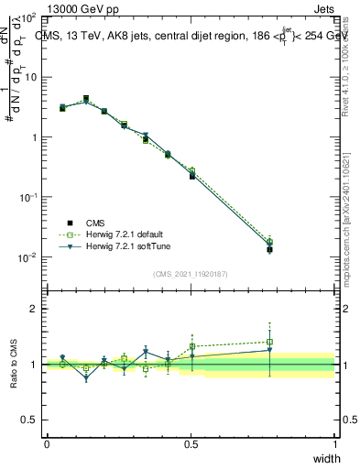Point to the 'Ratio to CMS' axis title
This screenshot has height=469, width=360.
[15, 364]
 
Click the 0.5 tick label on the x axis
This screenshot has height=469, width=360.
[191, 444]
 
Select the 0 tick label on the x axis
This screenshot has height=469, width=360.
[47, 444]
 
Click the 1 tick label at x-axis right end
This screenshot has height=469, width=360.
[334, 444]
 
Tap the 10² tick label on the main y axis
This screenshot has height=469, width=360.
[28, 17]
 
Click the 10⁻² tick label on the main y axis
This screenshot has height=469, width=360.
[28, 257]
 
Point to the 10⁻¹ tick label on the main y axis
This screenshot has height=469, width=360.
[28, 197]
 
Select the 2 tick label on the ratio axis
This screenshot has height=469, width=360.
[34, 309]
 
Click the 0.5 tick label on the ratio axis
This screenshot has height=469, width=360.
[30, 420]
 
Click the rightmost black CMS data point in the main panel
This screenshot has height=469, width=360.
[269, 249]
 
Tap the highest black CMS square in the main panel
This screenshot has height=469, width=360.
[86, 98]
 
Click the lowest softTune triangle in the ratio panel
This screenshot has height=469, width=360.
[86, 377]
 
